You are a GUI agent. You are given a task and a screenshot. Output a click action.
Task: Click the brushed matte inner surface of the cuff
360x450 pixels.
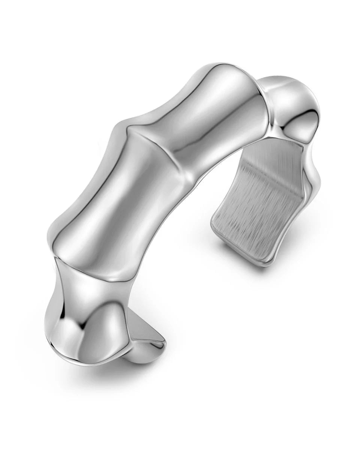(x=255, y=210)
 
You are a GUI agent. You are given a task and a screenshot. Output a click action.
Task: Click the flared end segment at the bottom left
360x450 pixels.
(x=86, y=322)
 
